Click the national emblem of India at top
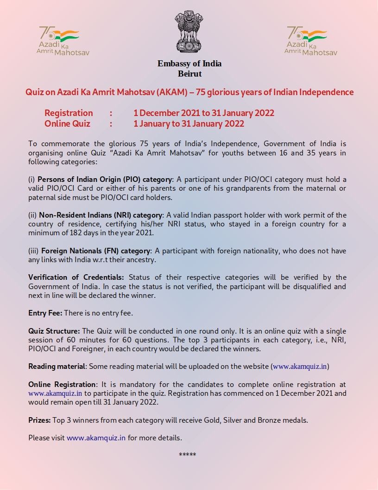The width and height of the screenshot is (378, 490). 189,32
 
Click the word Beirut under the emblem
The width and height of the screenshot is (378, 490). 189,73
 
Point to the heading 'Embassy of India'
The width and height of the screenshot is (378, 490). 189,64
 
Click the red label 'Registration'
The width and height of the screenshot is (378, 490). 69,113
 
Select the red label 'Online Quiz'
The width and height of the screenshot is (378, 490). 67,123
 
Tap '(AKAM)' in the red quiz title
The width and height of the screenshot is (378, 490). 173,92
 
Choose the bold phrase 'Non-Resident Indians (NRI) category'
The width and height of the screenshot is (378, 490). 101,215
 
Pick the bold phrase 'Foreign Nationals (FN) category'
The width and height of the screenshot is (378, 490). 96,251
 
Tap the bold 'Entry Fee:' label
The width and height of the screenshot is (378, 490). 45,313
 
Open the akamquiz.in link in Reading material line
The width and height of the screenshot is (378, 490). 300,366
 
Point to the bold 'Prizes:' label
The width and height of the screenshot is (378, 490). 39,420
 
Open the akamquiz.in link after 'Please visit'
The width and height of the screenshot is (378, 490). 96,438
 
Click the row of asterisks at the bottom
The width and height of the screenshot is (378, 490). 188,454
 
